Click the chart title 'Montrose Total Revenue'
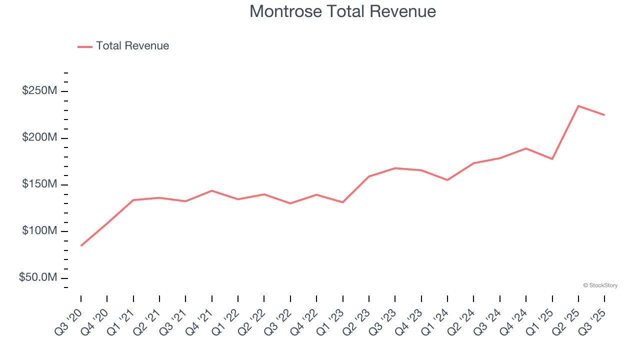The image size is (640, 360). click(x=342, y=11)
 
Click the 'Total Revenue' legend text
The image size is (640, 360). click(x=132, y=46)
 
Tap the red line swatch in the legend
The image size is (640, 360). click(x=85, y=46)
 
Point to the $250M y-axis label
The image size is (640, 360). click(x=39, y=91)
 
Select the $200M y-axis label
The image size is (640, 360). click(x=39, y=137)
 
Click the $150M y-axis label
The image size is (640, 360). click(x=39, y=184)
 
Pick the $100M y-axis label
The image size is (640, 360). click(x=39, y=231)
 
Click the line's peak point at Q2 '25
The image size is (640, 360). click(x=578, y=106)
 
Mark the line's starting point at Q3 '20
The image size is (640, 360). click(x=81, y=245)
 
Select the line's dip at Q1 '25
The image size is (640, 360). click(x=552, y=159)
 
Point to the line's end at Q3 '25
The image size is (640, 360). click(x=604, y=115)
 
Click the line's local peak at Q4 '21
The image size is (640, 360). click(x=212, y=190)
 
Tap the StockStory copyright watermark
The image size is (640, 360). click(x=600, y=285)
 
